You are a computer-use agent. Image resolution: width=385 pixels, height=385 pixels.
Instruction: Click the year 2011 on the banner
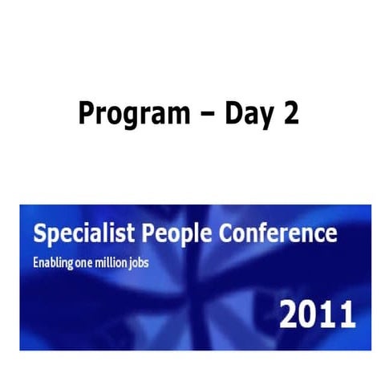[318, 314]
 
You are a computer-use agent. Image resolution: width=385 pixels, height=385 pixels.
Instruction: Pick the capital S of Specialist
[38, 234]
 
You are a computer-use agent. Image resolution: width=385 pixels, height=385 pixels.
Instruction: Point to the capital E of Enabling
[34, 262]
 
